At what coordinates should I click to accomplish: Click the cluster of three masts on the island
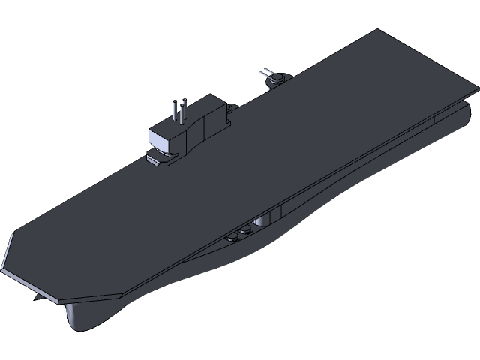(178, 111)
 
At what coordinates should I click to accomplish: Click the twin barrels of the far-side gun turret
(265, 73)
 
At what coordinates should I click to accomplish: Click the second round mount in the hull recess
(245, 230)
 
